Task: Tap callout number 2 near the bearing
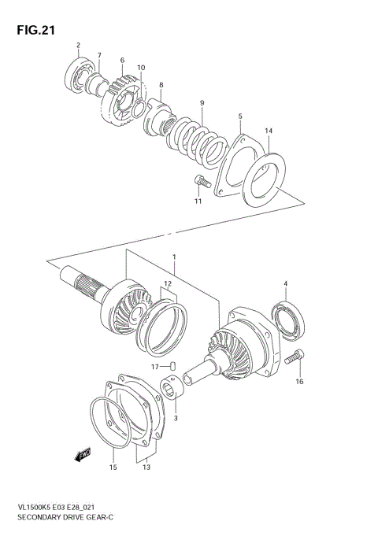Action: [77, 45]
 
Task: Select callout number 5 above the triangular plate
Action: [240, 116]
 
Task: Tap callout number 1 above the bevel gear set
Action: [174, 257]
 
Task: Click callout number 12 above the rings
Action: [167, 283]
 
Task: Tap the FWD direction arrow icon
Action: [81, 454]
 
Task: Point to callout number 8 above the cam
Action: [161, 85]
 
